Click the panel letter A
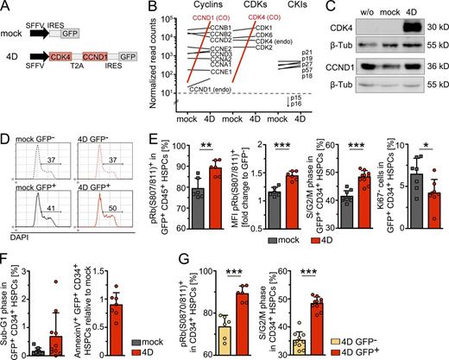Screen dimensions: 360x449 pos(6,7)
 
